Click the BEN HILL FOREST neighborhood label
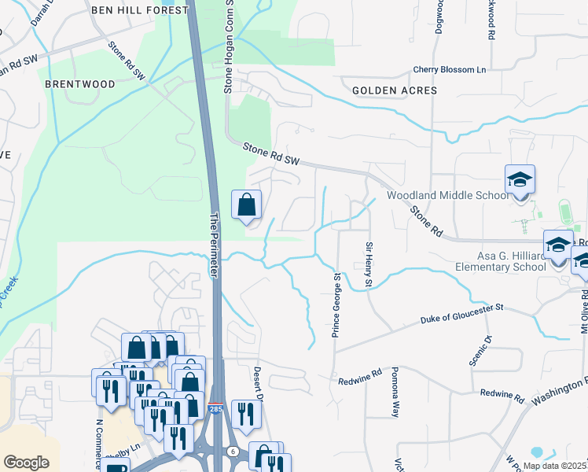140,10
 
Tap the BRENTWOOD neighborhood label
80,83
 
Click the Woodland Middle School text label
447,196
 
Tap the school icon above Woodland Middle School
520,180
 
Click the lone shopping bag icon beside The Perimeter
247,205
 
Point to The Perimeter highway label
214,243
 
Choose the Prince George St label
336,305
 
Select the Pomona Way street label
396,391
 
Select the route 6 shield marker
233,449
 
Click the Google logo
26,462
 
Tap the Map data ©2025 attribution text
554,466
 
